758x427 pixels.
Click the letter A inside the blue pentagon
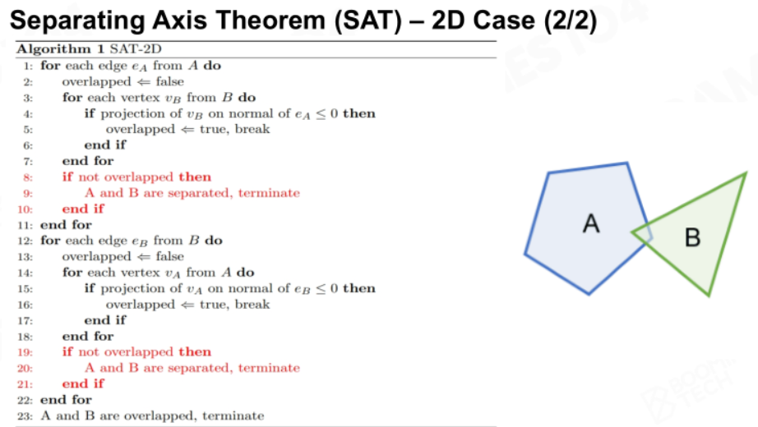(x=591, y=223)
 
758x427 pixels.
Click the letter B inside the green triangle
(x=693, y=237)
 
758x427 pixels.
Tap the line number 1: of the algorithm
(x=28, y=66)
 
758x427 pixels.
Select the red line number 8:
(x=28, y=177)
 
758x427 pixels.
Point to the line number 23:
(x=25, y=416)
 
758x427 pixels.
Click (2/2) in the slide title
(x=571, y=21)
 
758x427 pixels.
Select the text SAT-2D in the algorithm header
(x=136, y=48)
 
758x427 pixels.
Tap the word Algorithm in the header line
(x=53, y=49)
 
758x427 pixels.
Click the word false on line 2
(x=169, y=81)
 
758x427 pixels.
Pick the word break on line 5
(x=252, y=129)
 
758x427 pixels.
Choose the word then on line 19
(x=195, y=351)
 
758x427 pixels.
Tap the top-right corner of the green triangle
(x=746, y=173)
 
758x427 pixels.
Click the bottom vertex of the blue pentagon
(x=589, y=293)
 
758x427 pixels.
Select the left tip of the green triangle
(x=632, y=233)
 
